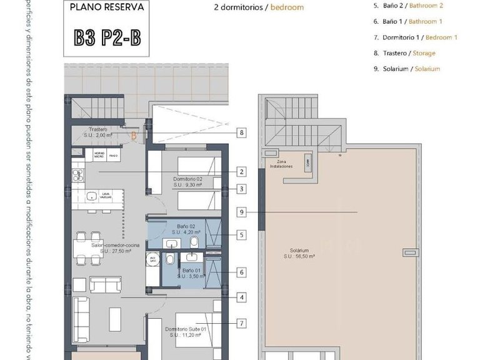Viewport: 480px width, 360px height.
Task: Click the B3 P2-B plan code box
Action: [x=107, y=37]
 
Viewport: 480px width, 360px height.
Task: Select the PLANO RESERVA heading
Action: [x=107, y=8]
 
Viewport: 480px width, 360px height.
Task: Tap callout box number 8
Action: [x=241, y=132]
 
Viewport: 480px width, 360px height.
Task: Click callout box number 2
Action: [x=241, y=171]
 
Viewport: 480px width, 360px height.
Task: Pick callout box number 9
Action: [x=241, y=212]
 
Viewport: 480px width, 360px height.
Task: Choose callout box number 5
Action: [x=241, y=236]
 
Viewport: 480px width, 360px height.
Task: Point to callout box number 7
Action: [x=241, y=323]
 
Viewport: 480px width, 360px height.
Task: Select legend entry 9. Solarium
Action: [x=411, y=69]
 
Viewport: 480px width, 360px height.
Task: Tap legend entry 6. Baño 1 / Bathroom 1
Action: [x=412, y=21]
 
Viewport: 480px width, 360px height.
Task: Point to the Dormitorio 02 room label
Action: [x=187, y=182]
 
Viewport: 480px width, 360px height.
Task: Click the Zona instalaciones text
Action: [x=282, y=164]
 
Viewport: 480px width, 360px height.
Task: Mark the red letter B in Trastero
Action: [x=132, y=134]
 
